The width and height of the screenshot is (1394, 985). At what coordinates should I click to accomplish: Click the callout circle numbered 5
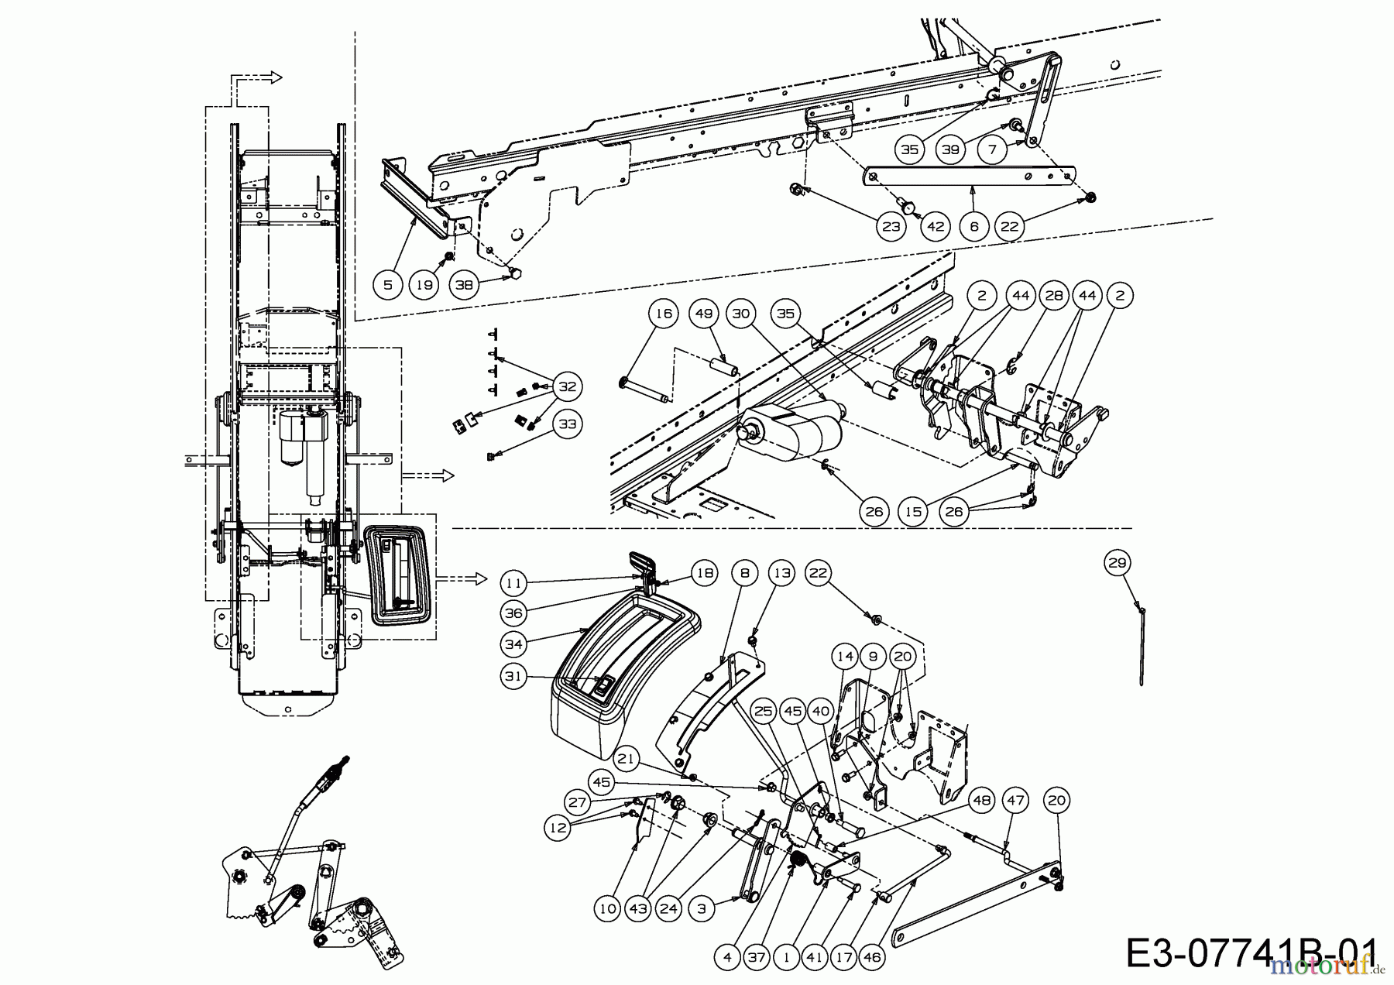pyautogui.click(x=388, y=285)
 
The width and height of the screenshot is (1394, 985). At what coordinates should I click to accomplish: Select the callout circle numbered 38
pyautogui.click(x=463, y=285)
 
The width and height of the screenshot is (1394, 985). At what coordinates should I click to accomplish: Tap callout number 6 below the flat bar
pyautogui.click(x=973, y=226)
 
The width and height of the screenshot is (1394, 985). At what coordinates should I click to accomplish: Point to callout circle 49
pyautogui.click(x=702, y=314)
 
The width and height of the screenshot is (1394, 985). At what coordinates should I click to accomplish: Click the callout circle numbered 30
pyautogui.click(x=740, y=314)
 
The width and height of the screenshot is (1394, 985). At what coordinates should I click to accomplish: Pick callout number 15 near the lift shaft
pyautogui.click(x=914, y=512)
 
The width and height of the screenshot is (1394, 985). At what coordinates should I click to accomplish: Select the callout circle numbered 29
pyautogui.click(x=1117, y=563)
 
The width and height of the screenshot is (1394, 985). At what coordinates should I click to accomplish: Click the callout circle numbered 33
pyautogui.click(x=568, y=424)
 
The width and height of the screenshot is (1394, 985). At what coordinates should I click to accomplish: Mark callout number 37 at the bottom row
pyautogui.click(x=756, y=957)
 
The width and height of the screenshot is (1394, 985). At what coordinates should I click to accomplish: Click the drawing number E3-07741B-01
pyautogui.click(x=1251, y=952)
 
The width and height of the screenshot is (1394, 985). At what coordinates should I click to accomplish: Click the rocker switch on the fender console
pyautogui.click(x=603, y=685)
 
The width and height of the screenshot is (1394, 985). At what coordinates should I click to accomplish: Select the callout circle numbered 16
pyautogui.click(x=664, y=314)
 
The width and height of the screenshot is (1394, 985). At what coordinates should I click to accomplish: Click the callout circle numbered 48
pyautogui.click(x=981, y=800)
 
